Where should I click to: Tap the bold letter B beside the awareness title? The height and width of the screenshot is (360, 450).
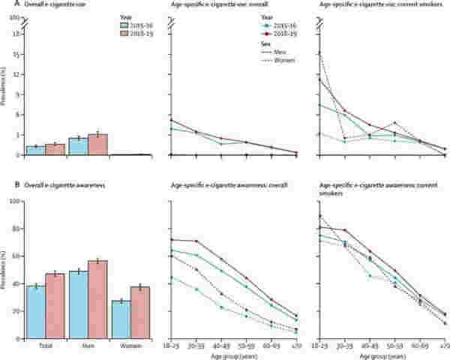(5, 186)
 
